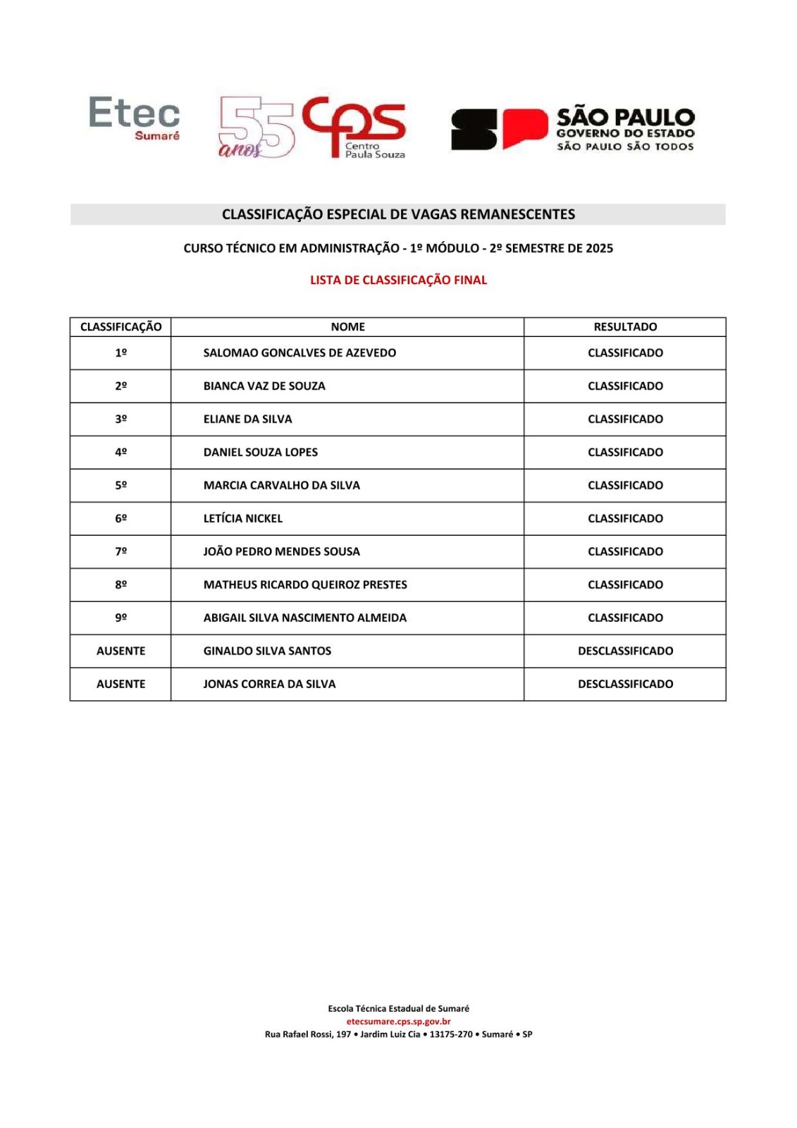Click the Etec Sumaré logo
[x=134, y=118]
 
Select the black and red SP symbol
[x=499, y=129]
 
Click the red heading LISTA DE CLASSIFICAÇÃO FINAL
[x=398, y=280]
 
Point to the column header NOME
[x=347, y=326]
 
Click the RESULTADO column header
[x=625, y=326]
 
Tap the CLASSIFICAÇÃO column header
[x=121, y=326]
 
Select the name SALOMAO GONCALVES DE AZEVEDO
[x=299, y=352]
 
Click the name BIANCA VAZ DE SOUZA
[x=264, y=386]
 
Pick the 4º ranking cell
[x=121, y=452]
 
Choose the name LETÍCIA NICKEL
[x=242, y=518]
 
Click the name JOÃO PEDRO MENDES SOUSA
[x=281, y=551]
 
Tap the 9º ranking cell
[x=121, y=618]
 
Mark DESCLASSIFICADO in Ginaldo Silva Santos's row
[x=625, y=651]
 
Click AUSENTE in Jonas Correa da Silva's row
[x=121, y=684]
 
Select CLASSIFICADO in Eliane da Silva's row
[x=625, y=419]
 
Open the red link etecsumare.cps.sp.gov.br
[x=398, y=1021]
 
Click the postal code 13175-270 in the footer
[x=451, y=1034]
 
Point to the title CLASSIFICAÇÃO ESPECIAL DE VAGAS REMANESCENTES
[x=398, y=214]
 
